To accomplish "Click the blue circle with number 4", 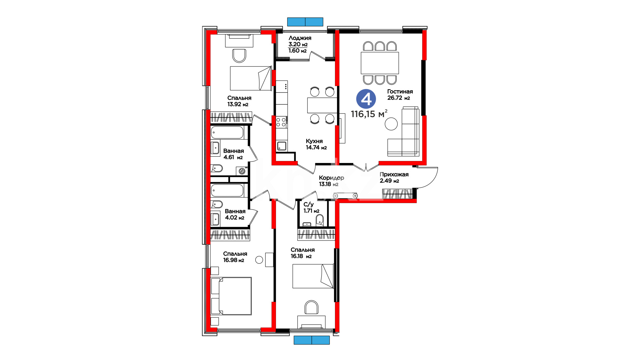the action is coord(366,99).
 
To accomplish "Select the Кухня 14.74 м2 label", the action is coord(316,144).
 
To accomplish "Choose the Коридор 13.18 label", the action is coord(331,181).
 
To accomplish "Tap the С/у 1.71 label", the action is coord(311,208).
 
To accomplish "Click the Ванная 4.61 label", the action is coord(233,154).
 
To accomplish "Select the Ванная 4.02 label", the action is coord(235,214).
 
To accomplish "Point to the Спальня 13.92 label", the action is coord(239,101).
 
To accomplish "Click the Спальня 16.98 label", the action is coord(235,257).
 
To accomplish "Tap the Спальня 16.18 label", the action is coord(302,253).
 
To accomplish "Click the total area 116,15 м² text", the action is coord(369,114).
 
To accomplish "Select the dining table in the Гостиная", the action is coord(380,63).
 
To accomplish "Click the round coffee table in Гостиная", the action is coord(391,124).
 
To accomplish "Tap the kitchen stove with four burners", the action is coord(281,122).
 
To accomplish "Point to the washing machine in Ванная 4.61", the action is coord(242,171).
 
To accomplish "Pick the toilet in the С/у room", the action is coord(319,220).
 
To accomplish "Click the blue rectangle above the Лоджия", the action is coord(305,22).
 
